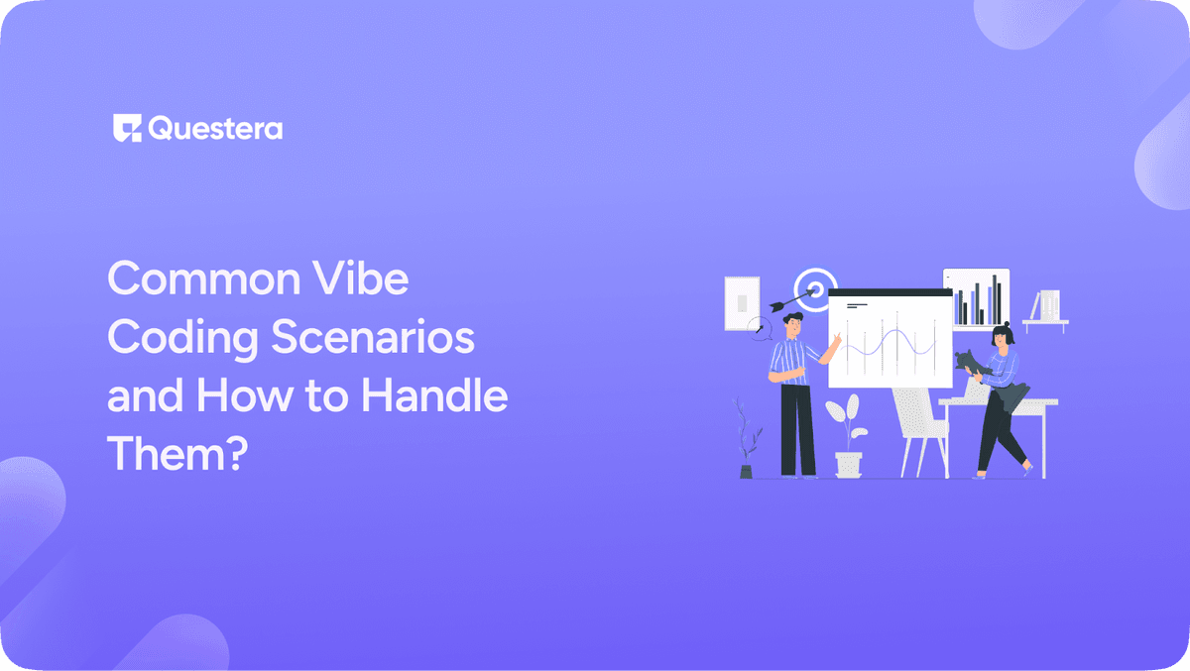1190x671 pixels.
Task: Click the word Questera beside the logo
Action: (215, 129)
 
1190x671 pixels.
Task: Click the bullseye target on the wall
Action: (815, 288)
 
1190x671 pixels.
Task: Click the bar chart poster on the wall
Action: (976, 298)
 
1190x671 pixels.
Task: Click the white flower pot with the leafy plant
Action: (849, 463)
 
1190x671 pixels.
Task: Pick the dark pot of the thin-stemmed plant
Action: (746, 471)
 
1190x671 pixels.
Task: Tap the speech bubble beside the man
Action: (761, 327)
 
